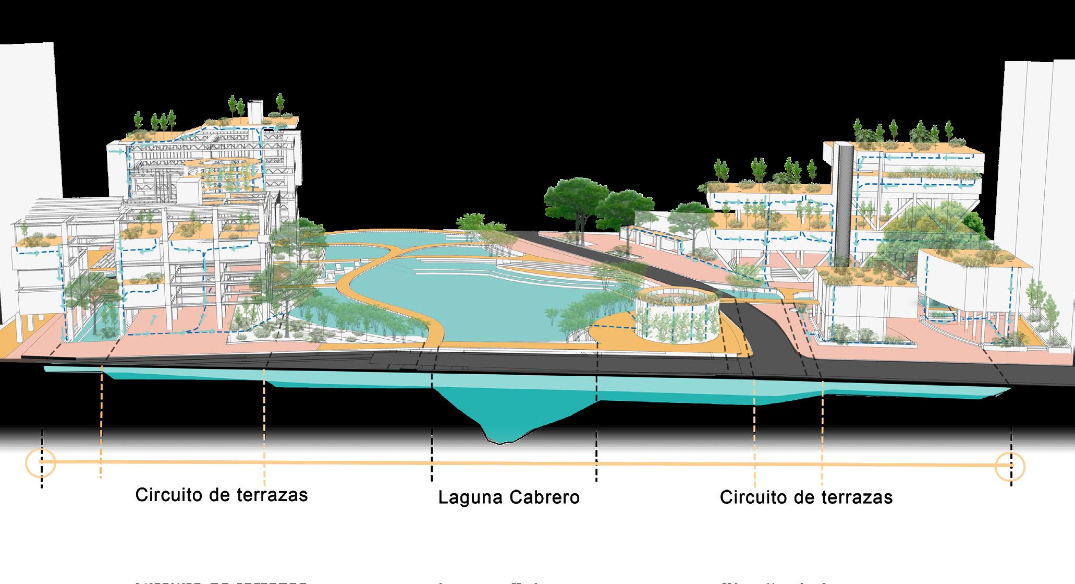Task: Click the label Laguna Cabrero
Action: pos(508,497)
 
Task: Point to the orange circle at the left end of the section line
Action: pos(41,462)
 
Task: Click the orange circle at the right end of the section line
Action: pos(1010,466)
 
